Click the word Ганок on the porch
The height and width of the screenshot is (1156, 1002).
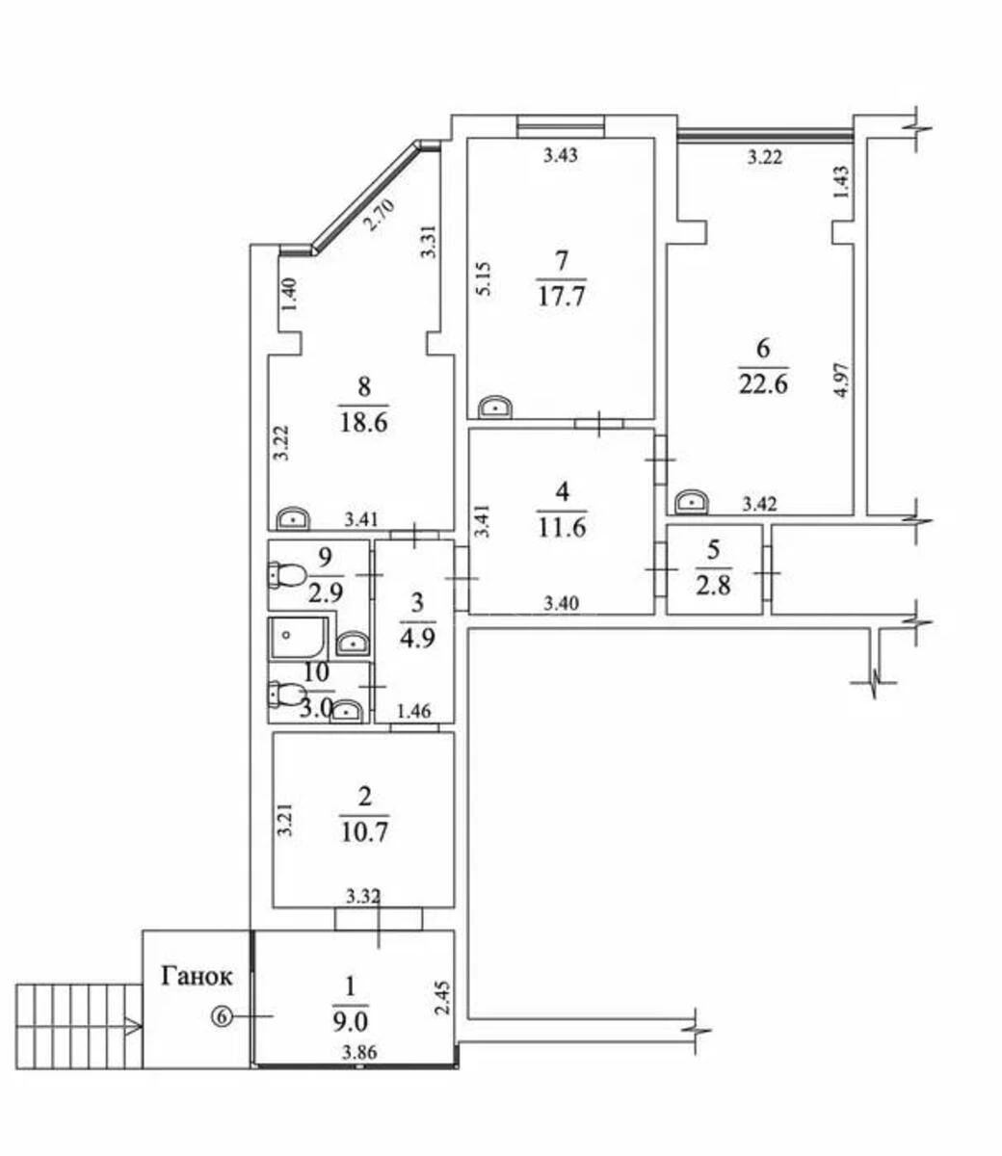tap(197, 977)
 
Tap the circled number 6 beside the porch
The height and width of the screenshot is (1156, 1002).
tap(223, 1015)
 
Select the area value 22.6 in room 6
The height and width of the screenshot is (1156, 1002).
tap(764, 382)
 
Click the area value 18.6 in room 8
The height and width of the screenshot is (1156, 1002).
tap(363, 421)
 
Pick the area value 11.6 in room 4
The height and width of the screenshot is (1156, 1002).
tap(562, 527)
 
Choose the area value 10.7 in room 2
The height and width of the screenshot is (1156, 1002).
tap(363, 830)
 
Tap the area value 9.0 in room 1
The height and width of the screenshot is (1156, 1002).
tap(350, 1019)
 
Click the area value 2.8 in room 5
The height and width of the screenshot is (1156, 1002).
tap(714, 584)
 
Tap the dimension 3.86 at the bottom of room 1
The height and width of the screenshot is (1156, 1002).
tap(358, 1054)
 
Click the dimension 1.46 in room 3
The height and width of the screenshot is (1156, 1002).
tap(414, 712)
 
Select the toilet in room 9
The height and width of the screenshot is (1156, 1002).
tap(286, 576)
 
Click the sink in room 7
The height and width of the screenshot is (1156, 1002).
tap(495, 407)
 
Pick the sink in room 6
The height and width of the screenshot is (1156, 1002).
tap(691, 502)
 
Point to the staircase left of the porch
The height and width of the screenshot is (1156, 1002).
tap(77, 1026)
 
